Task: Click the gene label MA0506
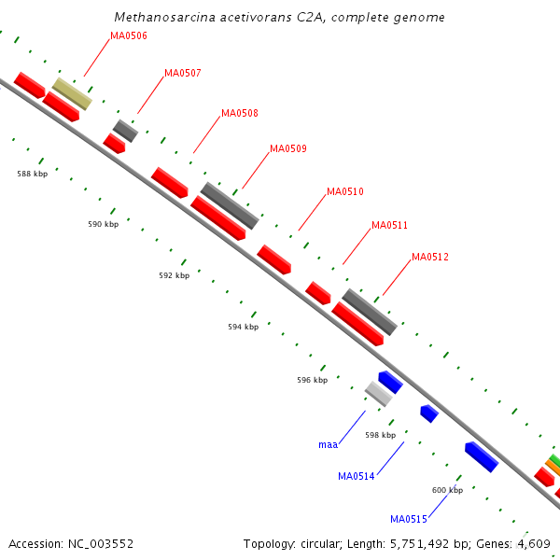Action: tap(129, 36)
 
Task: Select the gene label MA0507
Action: tap(183, 73)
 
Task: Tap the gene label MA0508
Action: tap(240, 114)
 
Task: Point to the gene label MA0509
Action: tap(288, 149)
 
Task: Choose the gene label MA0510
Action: tap(345, 192)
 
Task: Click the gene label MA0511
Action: tap(390, 226)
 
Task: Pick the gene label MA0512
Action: tap(430, 258)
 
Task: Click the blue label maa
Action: tap(328, 444)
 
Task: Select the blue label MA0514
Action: tap(357, 477)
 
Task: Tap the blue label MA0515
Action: tap(409, 520)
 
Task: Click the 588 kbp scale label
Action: tap(33, 174)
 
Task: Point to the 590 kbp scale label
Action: tap(104, 224)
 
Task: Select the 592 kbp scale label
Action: tap(175, 275)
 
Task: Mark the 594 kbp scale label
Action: tap(243, 327)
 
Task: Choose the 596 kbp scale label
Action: tap(313, 380)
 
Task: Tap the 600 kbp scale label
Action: tap(448, 490)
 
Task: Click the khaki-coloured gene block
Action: tap(72, 93)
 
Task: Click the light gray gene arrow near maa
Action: tap(378, 393)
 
